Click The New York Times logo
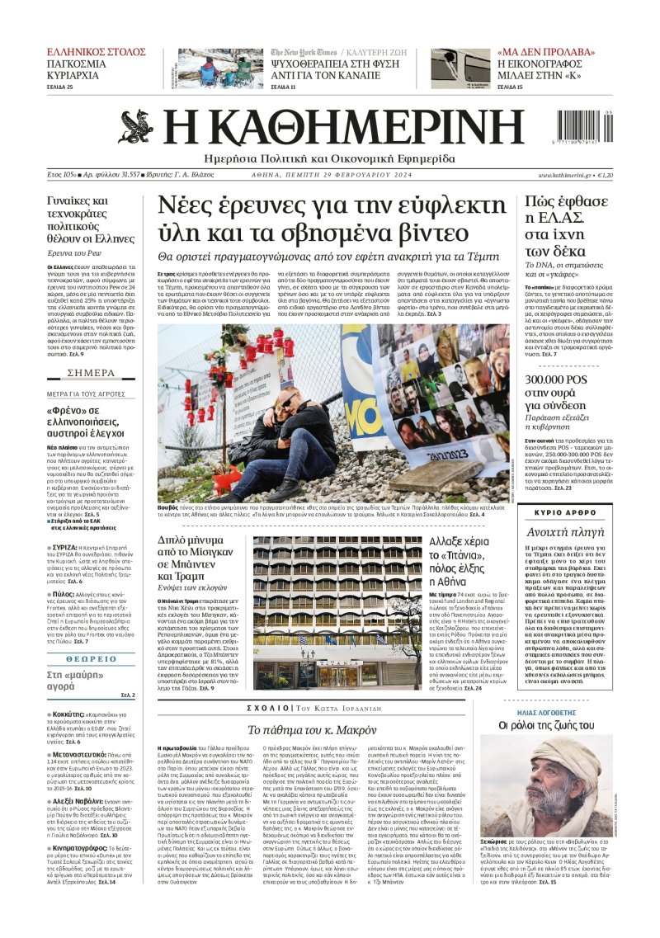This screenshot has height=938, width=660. click(303, 53)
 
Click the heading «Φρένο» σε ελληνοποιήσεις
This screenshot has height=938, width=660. click(85, 419)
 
